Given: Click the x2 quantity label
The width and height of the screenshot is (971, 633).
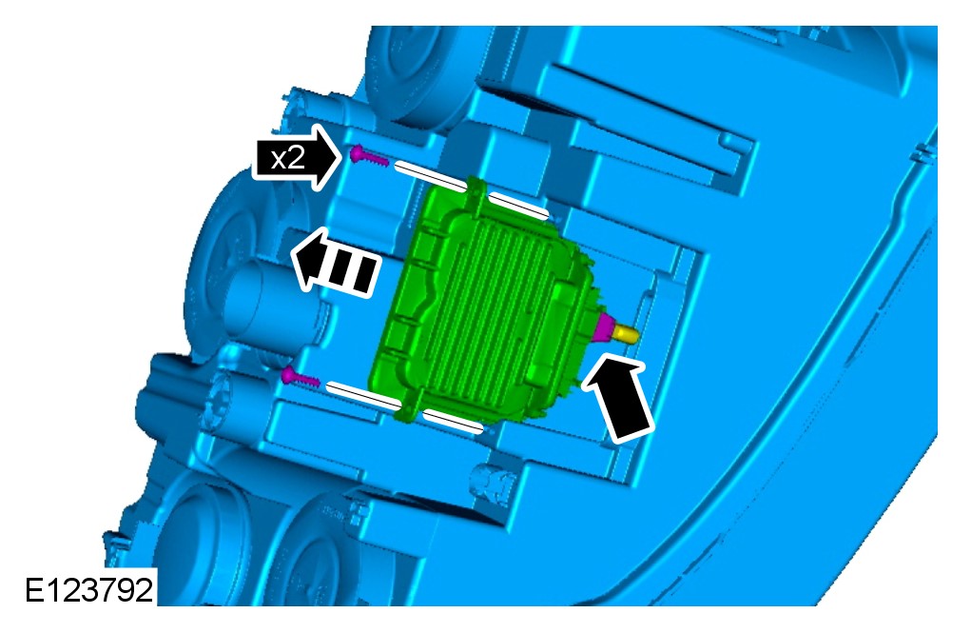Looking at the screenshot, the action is (288, 159).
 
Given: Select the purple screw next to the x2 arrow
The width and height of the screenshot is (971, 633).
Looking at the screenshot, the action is (369, 156).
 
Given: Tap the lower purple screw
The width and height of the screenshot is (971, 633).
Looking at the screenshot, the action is (301, 377).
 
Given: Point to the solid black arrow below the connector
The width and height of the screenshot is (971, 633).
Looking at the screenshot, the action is (618, 397).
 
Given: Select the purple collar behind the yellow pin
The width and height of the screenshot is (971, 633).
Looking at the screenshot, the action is (602, 328).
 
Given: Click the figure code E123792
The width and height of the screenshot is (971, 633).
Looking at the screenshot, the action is (88, 589).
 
